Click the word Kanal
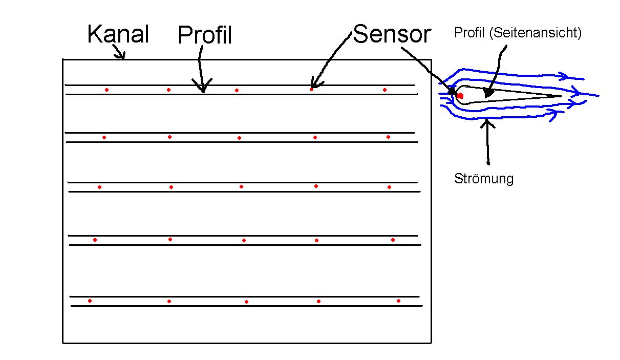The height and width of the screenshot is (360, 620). [x=118, y=34]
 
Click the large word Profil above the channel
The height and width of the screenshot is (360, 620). [x=205, y=35]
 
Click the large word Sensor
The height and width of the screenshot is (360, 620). [x=392, y=34]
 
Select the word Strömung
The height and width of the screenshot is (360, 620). [x=484, y=179]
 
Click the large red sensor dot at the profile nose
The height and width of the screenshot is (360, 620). [x=460, y=95]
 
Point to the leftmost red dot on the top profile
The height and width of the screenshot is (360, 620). [x=106, y=90]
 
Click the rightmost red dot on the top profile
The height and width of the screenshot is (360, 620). [x=384, y=90]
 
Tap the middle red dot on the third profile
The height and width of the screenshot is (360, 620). [x=241, y=187]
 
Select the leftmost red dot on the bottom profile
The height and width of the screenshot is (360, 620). [x=90, y=301]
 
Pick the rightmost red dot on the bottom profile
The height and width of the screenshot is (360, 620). [x=398, y=301]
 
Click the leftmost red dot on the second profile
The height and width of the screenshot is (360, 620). [x=104, y=137]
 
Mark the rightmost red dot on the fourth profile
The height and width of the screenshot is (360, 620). [x=393, y=240]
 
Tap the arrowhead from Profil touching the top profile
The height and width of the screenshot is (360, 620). [x=203, y=89]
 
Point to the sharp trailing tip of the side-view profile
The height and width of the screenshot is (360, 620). [x=561, y=96]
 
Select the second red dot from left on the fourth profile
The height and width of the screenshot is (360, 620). [x=170, y=239]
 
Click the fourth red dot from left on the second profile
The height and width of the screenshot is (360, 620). [x=315, y=137]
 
